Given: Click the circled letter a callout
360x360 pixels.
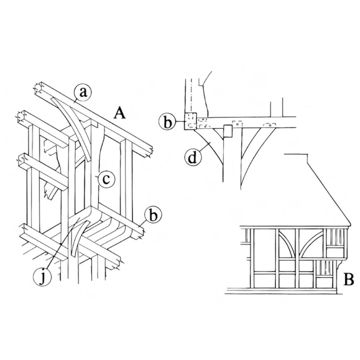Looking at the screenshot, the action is click(83, 93).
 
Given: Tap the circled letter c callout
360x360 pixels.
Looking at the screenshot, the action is click(106, 179).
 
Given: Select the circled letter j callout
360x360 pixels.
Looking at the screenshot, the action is click(42, 277).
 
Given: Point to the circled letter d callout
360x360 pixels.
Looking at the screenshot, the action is click(193, 158).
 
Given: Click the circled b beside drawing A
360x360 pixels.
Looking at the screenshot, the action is click(153, 216).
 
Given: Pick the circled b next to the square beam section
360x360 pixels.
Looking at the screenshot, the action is click(168, 122).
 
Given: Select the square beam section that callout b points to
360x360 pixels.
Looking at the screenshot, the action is click(190, 121).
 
